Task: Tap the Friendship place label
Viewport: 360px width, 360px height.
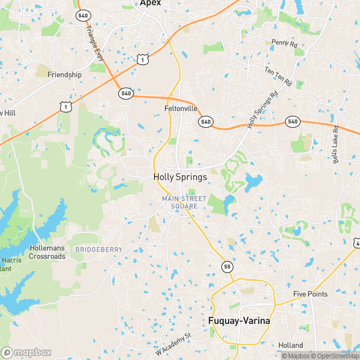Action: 64,74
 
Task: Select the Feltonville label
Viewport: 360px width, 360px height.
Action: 181,109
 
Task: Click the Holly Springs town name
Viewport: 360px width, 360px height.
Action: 180,177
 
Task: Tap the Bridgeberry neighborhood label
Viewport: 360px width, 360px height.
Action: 98,249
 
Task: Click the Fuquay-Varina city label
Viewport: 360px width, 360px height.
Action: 239,321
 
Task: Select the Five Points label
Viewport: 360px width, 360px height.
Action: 310,294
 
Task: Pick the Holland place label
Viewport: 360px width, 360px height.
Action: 291,345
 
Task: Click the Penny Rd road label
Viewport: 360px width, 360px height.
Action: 284,44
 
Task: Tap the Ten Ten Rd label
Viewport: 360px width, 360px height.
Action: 278,76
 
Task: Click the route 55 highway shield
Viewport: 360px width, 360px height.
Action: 226,265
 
